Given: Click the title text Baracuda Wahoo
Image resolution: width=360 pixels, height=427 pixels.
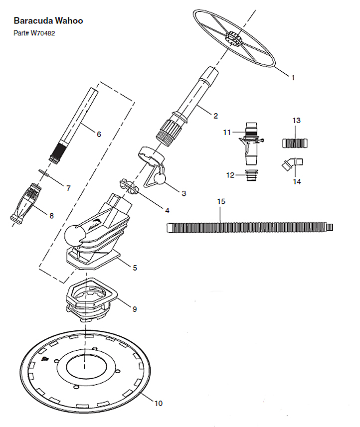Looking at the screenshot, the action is (x=48, y=21).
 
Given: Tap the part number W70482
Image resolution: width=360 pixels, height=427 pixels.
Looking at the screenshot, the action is (x=43, y=33).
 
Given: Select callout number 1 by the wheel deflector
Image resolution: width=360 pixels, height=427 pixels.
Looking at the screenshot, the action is (x=293, y=78).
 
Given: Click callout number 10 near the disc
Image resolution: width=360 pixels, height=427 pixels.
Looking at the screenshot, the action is (x=159, y=403).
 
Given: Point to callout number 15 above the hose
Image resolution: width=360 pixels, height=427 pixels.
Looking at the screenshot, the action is (x=221, y=201).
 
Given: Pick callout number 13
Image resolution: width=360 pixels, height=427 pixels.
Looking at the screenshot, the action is (x=297, y=121).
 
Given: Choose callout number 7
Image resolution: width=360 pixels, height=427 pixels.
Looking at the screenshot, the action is (x=68, y=188).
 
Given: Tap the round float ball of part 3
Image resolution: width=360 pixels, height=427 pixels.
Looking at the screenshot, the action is (x=160, y=179).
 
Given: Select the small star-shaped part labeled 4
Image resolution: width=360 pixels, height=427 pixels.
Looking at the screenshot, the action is (x=129, y=186).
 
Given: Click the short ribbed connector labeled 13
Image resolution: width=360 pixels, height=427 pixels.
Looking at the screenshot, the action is (x=295, y=143).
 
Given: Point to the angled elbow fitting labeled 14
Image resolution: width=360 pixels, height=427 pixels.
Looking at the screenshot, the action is (x=292, y=163).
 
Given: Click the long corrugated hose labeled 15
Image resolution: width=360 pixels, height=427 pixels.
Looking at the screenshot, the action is (x=250, y=227).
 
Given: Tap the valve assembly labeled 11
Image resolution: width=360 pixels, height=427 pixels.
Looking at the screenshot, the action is (x=251, y=143).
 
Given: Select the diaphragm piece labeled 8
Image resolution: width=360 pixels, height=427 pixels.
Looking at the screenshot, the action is (x=26, y=203).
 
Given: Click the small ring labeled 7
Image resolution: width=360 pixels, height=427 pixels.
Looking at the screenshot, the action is (x=44, y=172).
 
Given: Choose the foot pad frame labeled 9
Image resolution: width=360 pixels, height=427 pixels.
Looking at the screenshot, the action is (x=91, y=299).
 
